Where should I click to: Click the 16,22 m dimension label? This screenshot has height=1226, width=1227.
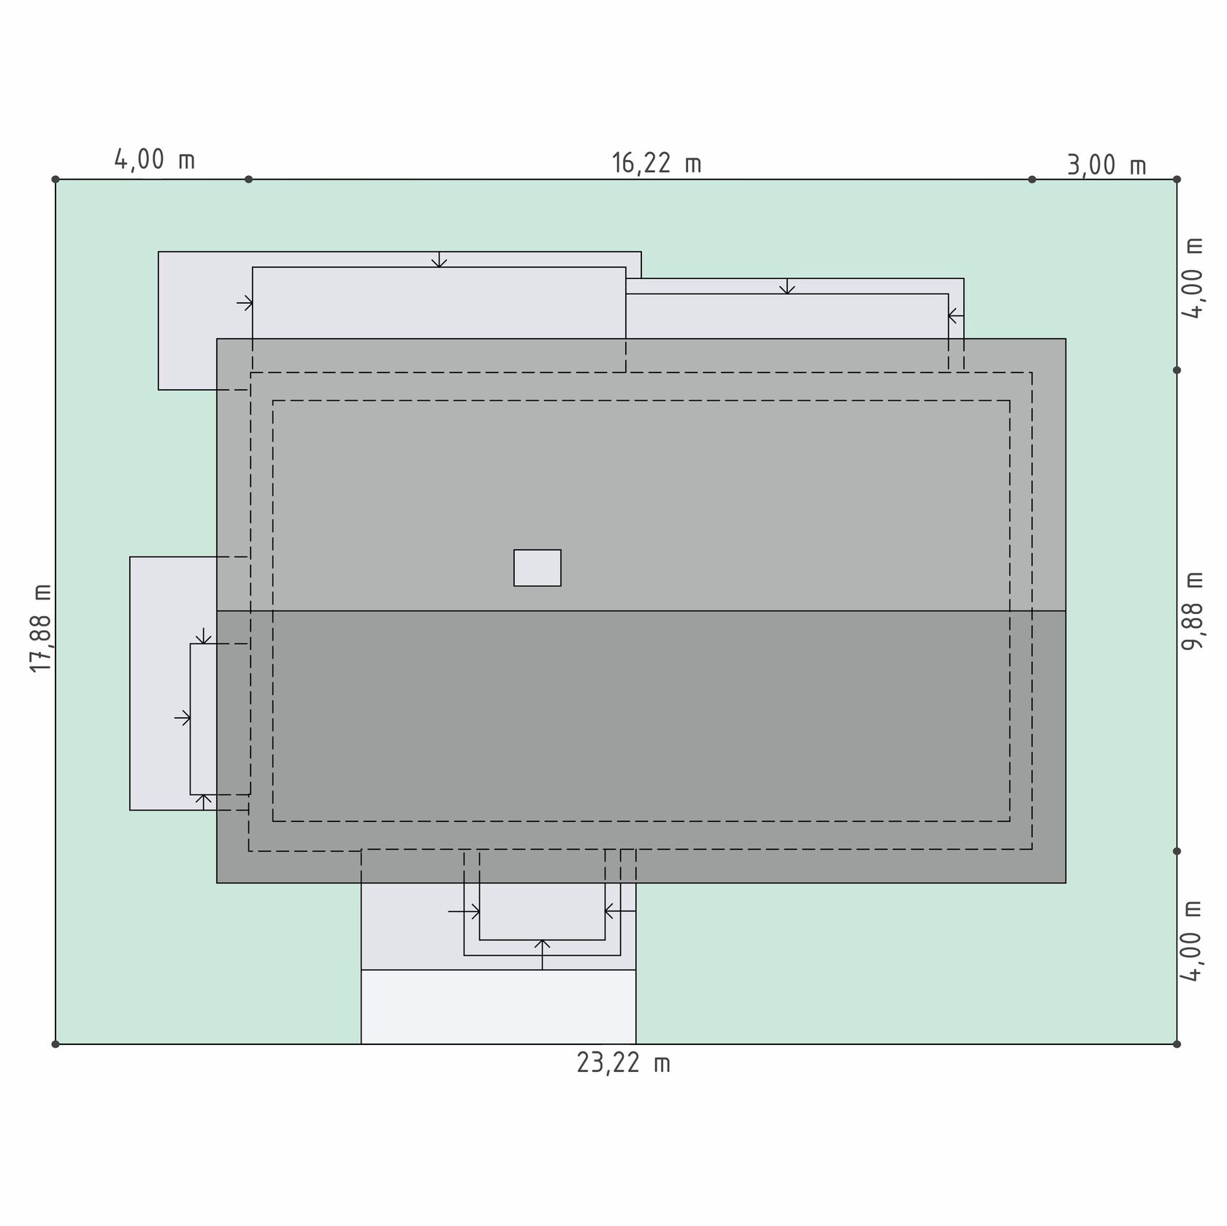656,163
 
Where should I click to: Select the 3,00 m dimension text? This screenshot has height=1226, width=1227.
1106,166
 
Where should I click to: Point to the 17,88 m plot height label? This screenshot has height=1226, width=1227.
41,628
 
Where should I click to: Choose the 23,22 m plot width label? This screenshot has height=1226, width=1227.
623,1063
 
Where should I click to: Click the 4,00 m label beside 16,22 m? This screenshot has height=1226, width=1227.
155,160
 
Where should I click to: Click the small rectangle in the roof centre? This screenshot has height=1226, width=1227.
538,567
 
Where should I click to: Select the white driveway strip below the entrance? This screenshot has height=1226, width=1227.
498,1006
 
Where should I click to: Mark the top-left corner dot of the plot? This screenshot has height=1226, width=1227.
56,179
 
